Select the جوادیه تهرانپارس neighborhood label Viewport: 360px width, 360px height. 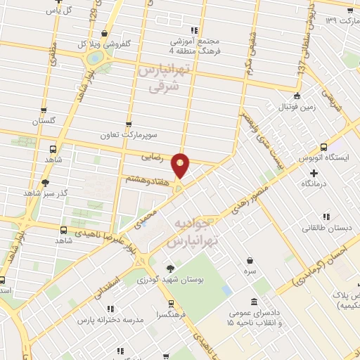(189, 232)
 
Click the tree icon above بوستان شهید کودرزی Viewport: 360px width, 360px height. (169, 268)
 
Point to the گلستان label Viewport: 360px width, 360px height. (43, 120)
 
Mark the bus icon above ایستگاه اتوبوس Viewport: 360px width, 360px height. (323, 147)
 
